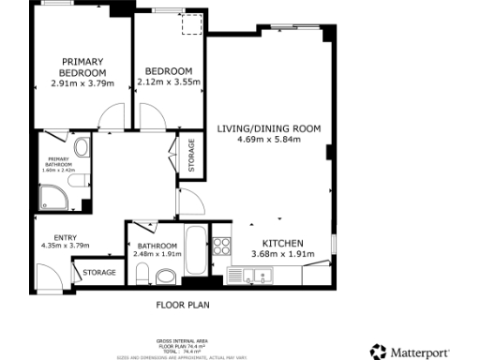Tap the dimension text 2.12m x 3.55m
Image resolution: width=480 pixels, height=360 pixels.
point(169,82)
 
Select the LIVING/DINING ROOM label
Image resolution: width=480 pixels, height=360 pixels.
point(269,128)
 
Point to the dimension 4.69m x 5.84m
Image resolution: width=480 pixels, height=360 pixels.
point(269,139)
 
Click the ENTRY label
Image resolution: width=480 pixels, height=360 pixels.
point(65,237)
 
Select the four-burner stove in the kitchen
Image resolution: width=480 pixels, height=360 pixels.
point(221,247)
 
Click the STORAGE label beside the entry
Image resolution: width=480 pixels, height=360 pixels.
point(99,273)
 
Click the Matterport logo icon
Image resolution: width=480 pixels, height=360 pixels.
point(378,352)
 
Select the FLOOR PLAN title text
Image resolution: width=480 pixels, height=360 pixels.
point(183,306)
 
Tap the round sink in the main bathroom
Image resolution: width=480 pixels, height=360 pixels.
point(166,276)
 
